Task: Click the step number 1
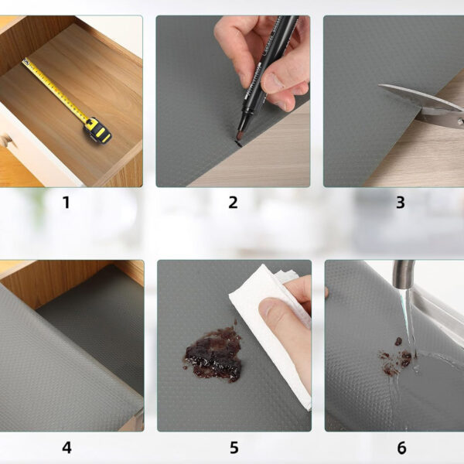[66, 203]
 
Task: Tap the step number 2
[233, 203]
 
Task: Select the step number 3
[400, 203]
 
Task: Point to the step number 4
[67, 448]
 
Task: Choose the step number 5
[234, 448]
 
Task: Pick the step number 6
[401, 448]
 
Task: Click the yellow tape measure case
[97, 131]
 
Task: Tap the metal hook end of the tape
[26, 62]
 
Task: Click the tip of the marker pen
[238, 136]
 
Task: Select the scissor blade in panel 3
[420, 97]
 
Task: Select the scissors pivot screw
[460, 121]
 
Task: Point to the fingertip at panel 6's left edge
[326, 292]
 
